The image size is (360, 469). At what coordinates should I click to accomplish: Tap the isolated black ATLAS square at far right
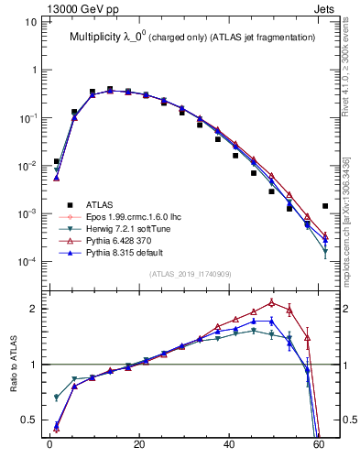[x=325, y=206]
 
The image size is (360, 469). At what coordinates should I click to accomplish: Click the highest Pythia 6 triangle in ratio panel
[x=271, y=302]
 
